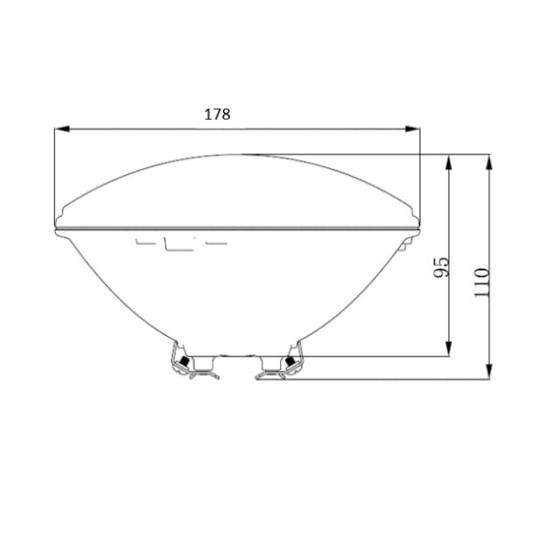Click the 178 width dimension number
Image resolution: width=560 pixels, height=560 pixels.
217,115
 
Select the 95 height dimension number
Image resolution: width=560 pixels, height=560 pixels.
441,267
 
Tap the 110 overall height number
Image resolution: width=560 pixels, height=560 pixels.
481,282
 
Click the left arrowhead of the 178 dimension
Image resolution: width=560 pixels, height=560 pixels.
62,129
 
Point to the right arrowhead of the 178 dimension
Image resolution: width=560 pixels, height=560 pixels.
412,129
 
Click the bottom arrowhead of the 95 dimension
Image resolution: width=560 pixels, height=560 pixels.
449,348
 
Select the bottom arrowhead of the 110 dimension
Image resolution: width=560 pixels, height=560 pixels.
490,371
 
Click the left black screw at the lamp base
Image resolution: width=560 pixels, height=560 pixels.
185,361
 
